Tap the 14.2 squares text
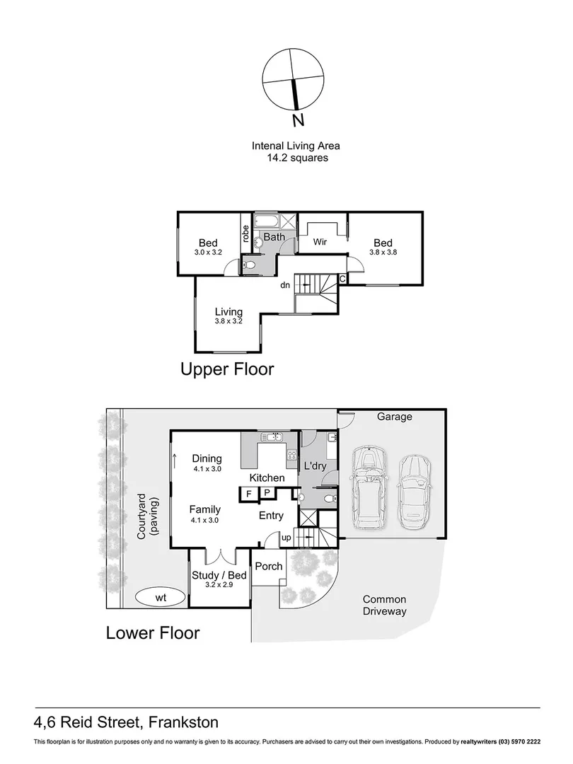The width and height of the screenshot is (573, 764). click(296, 158)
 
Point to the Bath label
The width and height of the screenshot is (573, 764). click(274, 237)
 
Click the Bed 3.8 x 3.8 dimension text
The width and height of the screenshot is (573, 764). click(383, 252)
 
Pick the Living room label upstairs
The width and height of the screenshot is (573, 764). click(228, 312)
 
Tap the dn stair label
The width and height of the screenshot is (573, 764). click(284, 286)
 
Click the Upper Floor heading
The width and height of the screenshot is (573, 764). click(227, 369)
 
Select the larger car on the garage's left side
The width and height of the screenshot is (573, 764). click(369, 487)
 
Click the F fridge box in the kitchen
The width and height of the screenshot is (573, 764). click(249, 494)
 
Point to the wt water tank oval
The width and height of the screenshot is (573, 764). click(161, 598)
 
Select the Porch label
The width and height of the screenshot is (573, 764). click(268, 566)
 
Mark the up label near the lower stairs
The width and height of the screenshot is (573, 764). click(286, 538)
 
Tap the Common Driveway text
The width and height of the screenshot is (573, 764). click(385, 605)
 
